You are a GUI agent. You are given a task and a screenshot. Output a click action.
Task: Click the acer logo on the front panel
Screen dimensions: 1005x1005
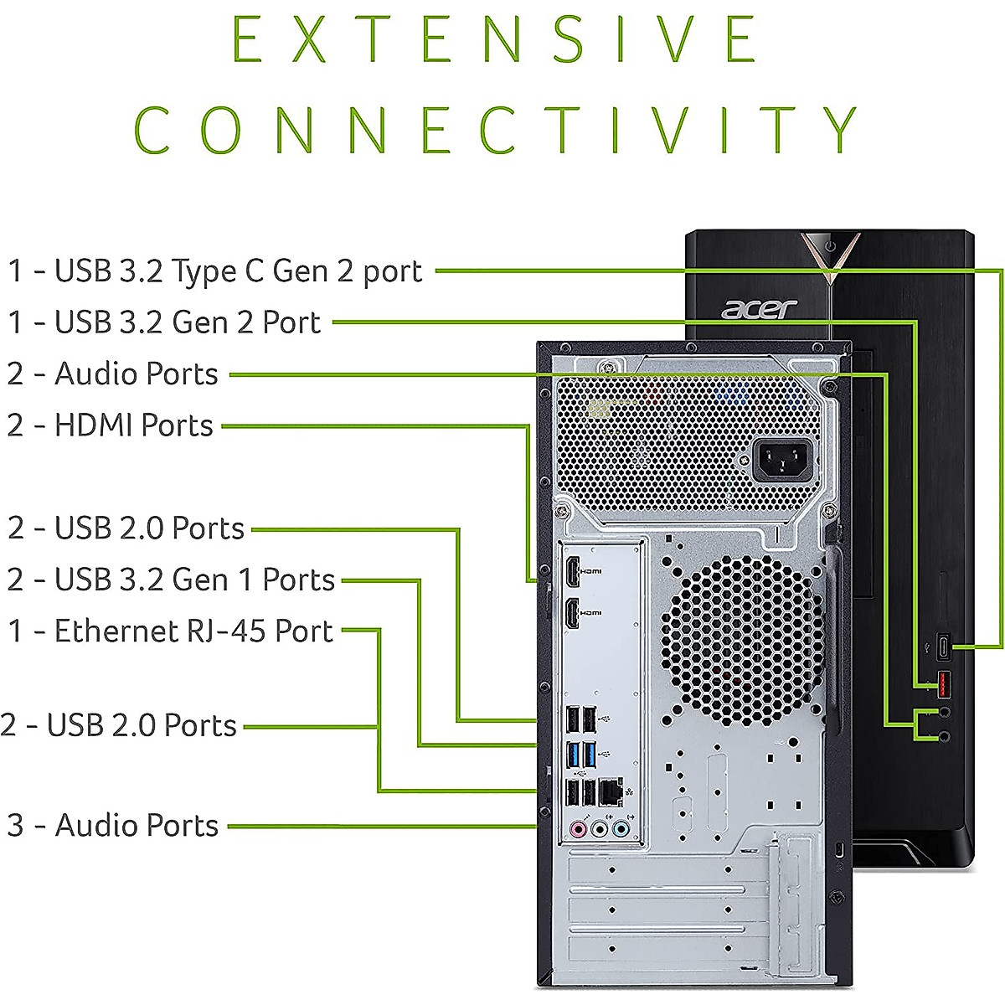point(759,308)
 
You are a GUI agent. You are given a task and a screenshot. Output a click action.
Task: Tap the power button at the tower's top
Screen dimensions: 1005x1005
point(830,246)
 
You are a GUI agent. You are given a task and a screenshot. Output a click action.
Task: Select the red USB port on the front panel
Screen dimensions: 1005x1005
point(943,684)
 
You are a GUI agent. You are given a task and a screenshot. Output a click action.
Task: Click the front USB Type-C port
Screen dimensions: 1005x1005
point(943,647)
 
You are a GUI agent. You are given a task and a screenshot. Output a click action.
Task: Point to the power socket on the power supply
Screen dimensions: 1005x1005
point(782,460)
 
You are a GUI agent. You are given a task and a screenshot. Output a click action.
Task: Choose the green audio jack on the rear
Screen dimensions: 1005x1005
point(599,829)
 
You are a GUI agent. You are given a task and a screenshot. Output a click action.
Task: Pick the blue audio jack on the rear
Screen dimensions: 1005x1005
point(620,829)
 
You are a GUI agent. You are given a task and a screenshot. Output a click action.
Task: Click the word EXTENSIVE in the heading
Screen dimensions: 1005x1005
point(494,39)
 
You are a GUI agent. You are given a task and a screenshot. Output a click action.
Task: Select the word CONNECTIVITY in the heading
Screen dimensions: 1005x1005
point(496,130)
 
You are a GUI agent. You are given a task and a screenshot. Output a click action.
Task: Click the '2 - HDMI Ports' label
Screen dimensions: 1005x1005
point(110,425)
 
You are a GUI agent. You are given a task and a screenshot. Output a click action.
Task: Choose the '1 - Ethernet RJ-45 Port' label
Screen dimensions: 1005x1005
point(170,631)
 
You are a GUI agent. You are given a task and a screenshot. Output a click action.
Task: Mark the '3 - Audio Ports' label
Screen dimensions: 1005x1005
point(112,825)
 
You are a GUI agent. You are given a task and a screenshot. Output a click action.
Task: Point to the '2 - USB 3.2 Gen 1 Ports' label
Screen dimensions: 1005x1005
point(171,580)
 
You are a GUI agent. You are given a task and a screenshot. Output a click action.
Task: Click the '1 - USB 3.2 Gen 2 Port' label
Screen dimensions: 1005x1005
point(164,322)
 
